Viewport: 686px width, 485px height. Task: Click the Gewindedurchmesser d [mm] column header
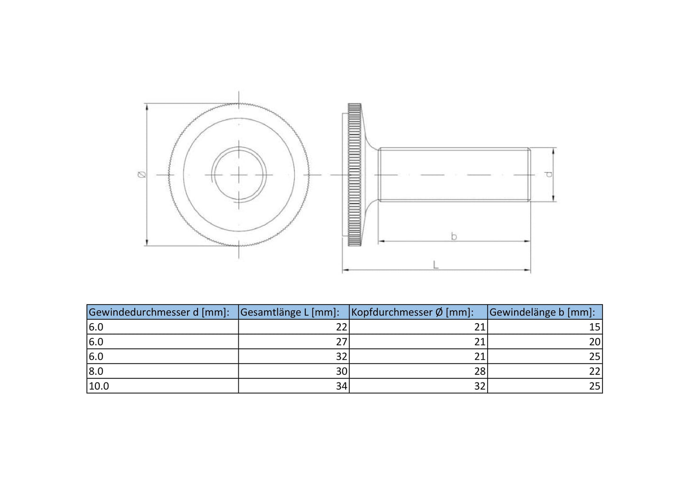point(159,312)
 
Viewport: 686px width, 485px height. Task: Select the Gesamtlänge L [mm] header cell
point(290,312)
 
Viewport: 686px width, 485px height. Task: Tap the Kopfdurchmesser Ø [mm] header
point(412,312)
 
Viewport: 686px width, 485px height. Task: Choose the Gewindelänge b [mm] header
point(542,312)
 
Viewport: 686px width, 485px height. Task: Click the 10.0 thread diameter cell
point(99,386)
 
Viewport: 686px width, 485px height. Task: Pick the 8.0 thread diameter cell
point(96,372)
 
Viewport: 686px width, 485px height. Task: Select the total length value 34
point(341,386)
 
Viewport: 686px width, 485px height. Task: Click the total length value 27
point(341,342)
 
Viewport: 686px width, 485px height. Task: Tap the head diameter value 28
point(480,372)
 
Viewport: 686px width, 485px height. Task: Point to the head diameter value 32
point(480,386)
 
